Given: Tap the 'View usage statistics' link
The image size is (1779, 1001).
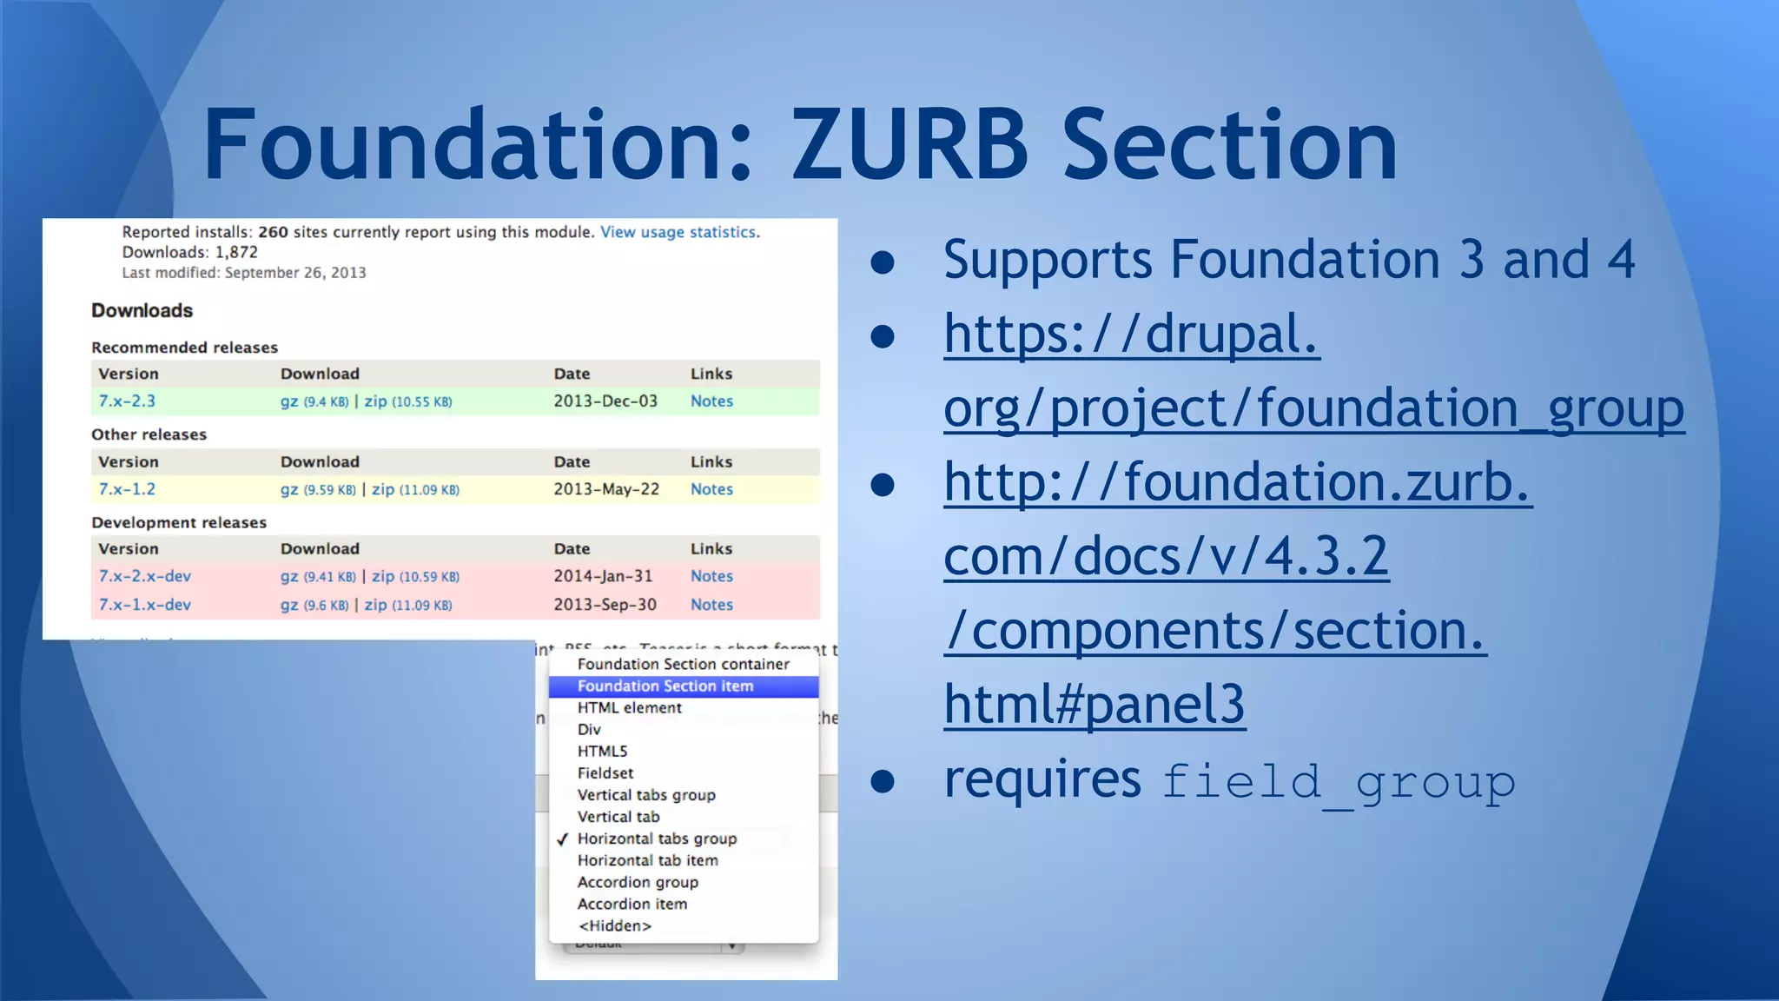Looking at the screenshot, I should tap(679, 232).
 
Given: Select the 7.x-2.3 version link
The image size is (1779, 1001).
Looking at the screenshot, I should tap(127, 401).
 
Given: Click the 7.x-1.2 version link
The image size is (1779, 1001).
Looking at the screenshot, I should tap(127, 489).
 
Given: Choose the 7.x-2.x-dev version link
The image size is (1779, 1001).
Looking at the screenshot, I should tap(144, 576).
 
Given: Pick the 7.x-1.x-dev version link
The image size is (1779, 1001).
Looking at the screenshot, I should tap(144, 605).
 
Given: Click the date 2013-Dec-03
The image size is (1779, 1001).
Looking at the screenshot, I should tap(605, 401).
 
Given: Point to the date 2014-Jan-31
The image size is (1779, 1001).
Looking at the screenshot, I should tap(603, 576).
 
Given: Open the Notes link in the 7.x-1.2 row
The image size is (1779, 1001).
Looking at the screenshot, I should tap(711, 489).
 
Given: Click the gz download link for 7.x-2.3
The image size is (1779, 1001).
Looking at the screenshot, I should tap(289, 401).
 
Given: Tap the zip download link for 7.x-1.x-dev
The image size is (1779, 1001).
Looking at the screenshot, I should tap(375, 605).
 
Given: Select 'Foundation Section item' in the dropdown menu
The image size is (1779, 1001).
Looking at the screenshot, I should tap(665, 686).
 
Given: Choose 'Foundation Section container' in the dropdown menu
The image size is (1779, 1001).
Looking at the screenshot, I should tap(683, 665).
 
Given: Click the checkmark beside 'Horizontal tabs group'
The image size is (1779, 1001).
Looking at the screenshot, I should tap(563, 839).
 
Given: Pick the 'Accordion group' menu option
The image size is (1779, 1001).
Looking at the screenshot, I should tap(638, 883).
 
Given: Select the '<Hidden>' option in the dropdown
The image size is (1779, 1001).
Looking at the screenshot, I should tap(614, 926).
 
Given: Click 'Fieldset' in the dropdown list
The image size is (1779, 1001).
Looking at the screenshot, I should tap(605, 773).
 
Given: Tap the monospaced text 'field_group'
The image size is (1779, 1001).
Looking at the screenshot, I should tap(1338, 781).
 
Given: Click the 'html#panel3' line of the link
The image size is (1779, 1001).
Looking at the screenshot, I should tap(1095, 704).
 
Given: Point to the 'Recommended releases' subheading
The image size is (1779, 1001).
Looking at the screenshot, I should tap(184, 348).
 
